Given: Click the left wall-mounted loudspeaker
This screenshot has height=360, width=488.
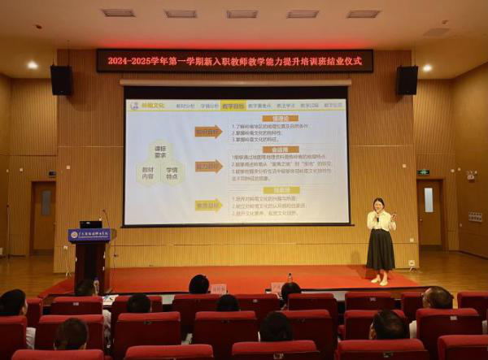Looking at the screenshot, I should click(x=61, y=80).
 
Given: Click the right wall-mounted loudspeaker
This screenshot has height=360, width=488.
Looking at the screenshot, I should click(x=407, y=80).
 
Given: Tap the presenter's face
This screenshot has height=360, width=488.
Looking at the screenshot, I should click(x=378, y=205).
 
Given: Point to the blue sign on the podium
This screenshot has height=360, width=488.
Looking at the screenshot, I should click(x=89, y=235).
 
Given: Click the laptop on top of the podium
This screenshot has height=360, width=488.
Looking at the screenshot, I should click(x=90, y=223).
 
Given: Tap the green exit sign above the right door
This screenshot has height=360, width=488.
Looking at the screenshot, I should click(x=423, y=172).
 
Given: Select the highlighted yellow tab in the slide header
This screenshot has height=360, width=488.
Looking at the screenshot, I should click(x=233, y=106).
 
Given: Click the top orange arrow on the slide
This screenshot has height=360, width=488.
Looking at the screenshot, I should click(x=208, y=132).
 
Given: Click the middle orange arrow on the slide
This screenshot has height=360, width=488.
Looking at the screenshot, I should click(x=208, y=167).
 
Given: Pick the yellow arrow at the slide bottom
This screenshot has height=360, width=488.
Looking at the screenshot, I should click(x=208, y=205).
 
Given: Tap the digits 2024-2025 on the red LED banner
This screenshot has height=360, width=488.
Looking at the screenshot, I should click(x=130, y=61).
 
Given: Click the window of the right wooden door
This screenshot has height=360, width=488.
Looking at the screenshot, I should click(x=429, y=200).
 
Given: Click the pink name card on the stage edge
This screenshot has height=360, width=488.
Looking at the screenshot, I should click(x=218, y=288).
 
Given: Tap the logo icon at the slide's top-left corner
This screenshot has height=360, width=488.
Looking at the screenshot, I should click(x=134, y=106).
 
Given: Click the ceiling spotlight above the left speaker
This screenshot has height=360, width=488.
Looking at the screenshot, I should click(x=33, y=65).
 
